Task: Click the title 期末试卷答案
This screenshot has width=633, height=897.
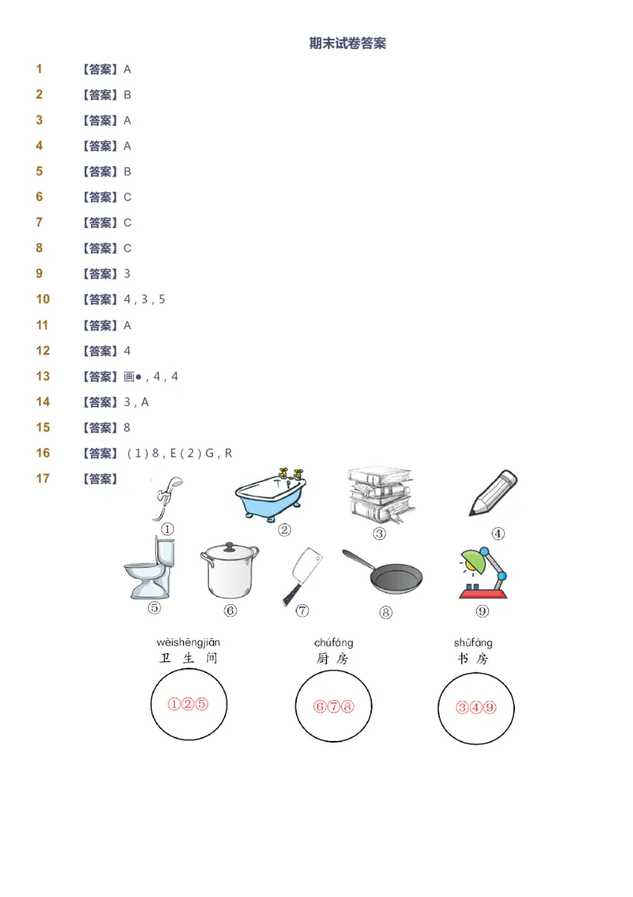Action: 347,44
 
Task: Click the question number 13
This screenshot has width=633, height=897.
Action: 43,376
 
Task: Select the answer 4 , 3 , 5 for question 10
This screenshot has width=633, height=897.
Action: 144,299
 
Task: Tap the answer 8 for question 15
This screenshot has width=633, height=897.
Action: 127,428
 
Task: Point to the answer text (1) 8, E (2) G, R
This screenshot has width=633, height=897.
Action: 180,453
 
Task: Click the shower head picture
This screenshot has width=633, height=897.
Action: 167,496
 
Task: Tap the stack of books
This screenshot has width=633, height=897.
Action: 380,494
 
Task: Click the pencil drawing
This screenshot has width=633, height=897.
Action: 493,493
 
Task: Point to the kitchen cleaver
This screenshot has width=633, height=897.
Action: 302,575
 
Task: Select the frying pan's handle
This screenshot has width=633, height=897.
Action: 358,560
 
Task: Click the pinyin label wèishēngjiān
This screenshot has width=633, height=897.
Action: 188,642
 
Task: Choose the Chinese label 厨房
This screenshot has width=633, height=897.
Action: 332,659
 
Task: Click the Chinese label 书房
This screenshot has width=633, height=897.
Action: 473,659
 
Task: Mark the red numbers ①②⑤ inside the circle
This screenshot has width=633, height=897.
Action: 188,704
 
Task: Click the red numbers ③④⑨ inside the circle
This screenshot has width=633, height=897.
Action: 476,708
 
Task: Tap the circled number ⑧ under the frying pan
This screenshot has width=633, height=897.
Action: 385,612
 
